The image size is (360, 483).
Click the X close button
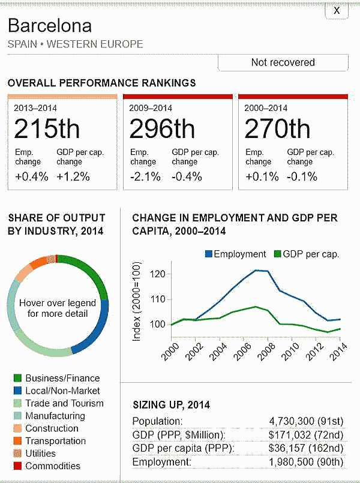pyautogui.click(x=337, y=10)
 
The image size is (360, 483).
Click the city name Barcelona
pyautogui.click(x=50, y=26)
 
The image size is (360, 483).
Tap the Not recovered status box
pyautogui.click(x=283, y=62)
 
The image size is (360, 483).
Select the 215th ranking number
pyautogui.click(x=47, y=129)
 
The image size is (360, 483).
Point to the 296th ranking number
pyautogui.click(x=162, y=129)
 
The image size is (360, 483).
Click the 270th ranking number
pyautogui.click(x=277, y=129)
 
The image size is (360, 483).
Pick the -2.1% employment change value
pyautogui.click(x=143, y=176)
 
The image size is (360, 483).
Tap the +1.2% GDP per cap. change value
pyautogui.click(x=73, y=176)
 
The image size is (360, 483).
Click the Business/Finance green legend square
pyautogui.click(x=17, y=379)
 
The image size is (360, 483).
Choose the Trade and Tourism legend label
pyautogui.click(x=64, y=404)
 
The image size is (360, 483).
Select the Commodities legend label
pyautogui.click(x=53, y=466)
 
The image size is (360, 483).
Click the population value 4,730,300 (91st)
pyautogui.click(x=307, y=422)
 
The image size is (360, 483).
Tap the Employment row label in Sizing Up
pyautogui.click(x=158, y=462)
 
